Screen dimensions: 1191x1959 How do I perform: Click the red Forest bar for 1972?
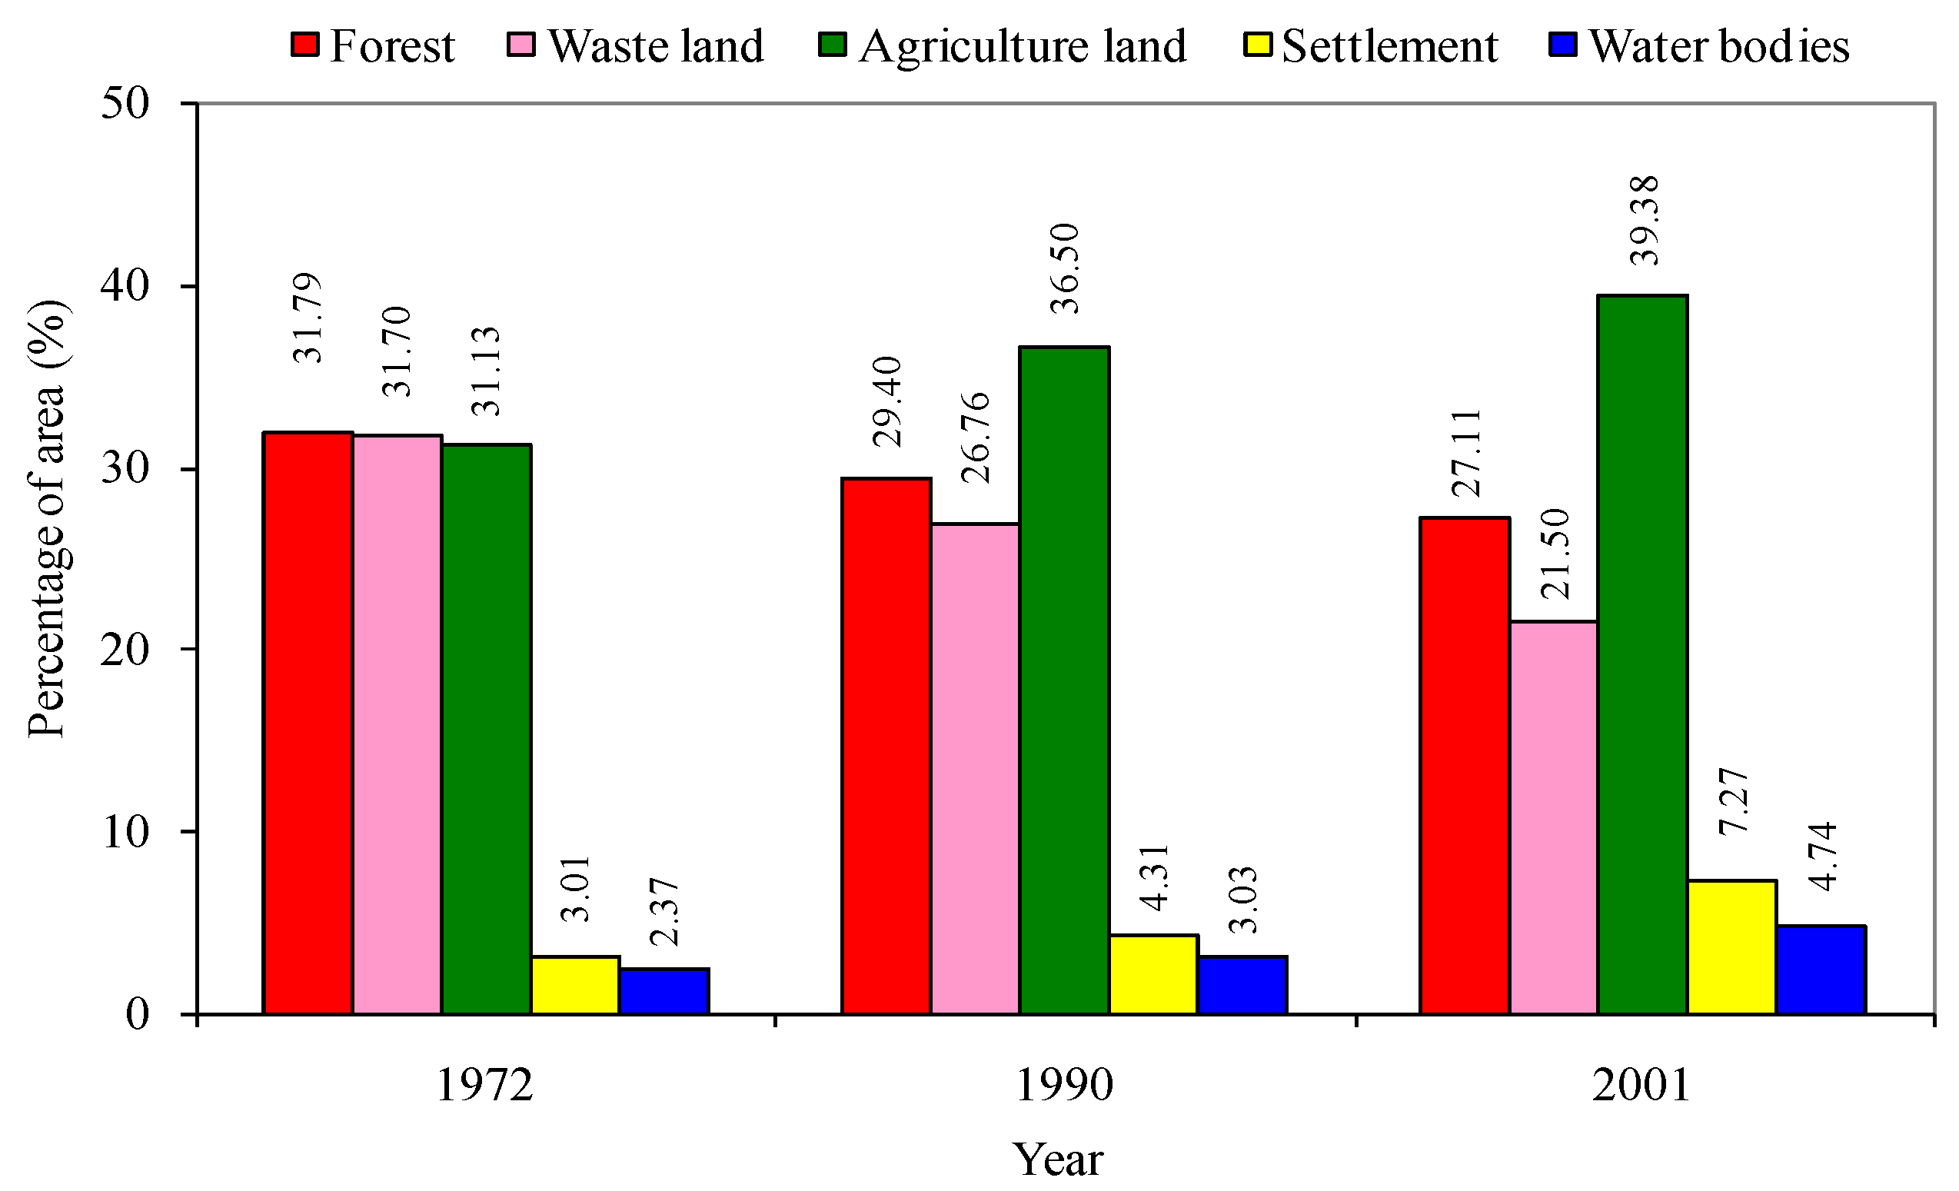308,724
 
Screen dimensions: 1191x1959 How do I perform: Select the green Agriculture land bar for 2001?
1642,655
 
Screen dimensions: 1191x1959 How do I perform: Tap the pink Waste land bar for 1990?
976,769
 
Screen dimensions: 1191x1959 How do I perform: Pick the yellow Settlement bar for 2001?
1732,947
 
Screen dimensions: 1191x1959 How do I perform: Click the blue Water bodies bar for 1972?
664,990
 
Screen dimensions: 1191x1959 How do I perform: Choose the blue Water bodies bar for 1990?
1242,985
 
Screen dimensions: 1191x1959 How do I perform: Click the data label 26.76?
976,437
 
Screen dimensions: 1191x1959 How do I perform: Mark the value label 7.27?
1733,800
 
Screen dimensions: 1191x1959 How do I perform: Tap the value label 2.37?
664,912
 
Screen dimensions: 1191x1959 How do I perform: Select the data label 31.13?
486,371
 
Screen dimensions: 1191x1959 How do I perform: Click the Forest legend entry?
374,45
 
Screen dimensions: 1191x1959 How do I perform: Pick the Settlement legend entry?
1372,45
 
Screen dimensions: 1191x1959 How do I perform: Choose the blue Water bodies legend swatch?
1562,44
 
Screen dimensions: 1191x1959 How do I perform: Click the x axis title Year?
1057,1160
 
